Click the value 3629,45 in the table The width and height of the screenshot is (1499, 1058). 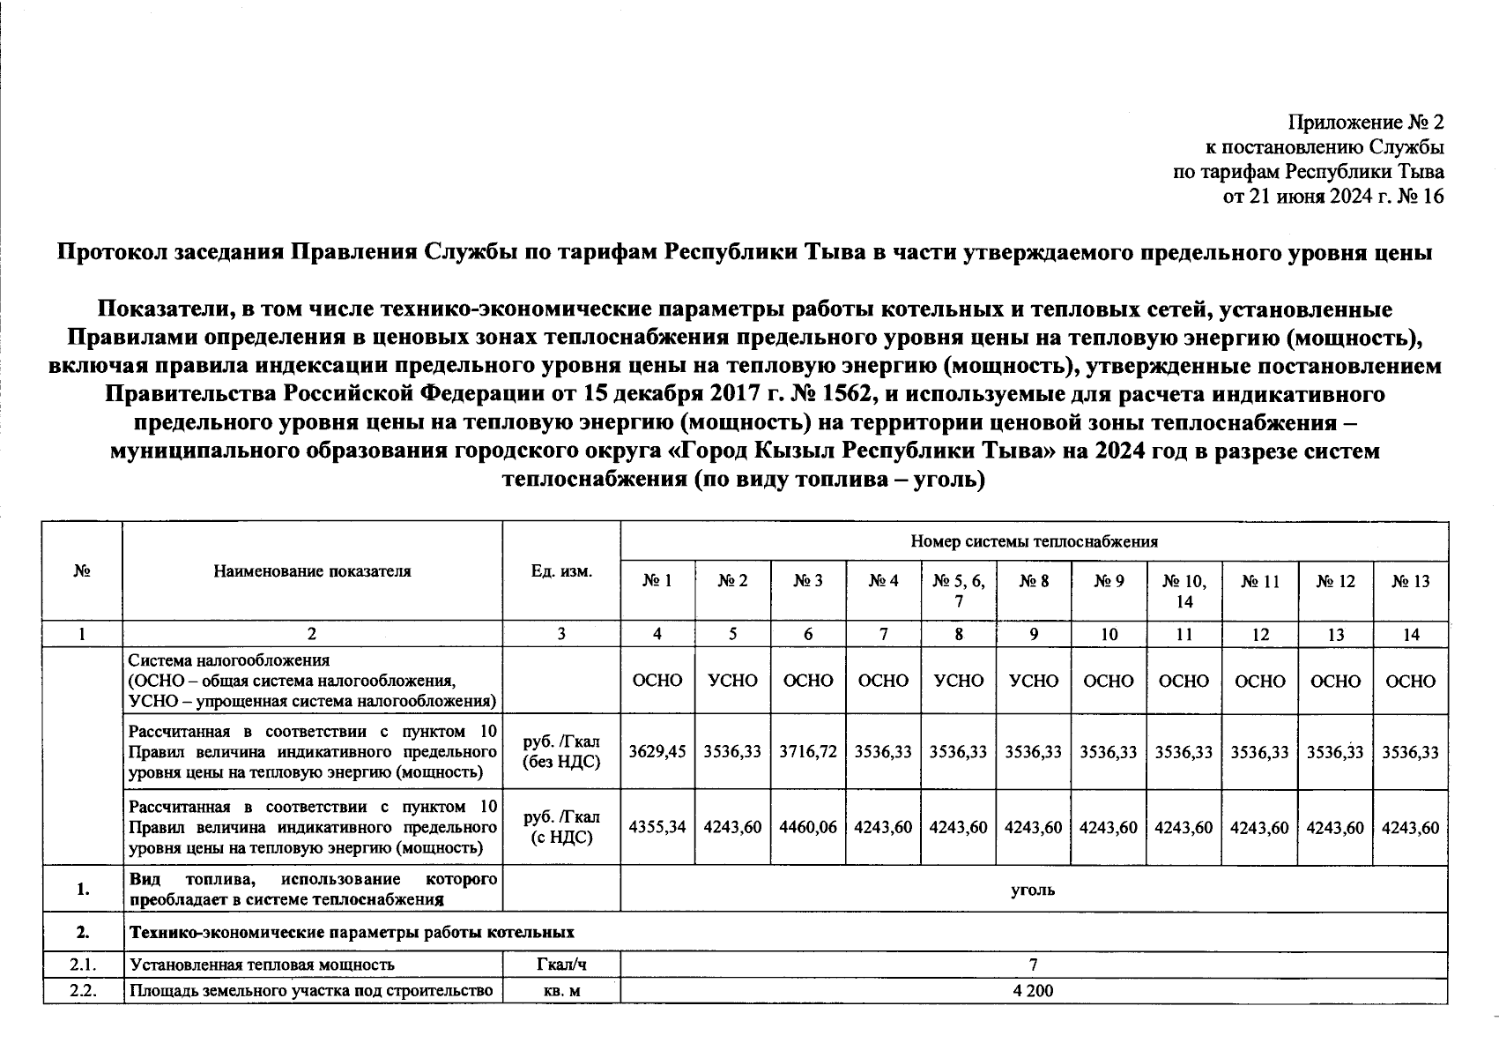pos(657,752)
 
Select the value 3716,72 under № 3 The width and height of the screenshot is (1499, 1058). pos(808,752)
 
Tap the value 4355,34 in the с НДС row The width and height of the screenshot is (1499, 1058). pos(657,828)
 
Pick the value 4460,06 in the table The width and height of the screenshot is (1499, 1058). pos(808,828)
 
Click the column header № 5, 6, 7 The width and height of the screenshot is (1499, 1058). pos(959,590)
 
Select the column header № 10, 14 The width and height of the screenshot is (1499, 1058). pos(1184,590)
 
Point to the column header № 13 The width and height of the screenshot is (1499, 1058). pos(1411,580)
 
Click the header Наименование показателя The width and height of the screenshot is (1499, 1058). pos(312,570)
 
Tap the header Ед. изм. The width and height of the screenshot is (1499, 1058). pos(561,570)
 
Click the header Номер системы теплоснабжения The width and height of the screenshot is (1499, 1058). pos(1034,541)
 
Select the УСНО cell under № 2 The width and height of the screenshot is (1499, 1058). pos(732,681)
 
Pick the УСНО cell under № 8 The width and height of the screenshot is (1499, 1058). pos(1034,681)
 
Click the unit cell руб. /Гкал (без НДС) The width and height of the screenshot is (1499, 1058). pos(561,752)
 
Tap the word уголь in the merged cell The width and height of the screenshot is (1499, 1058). pos(1033,890)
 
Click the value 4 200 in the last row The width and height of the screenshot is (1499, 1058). pos(1033,991)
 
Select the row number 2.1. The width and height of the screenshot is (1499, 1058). pos(83,965)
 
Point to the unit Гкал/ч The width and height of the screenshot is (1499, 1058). pos(561,965)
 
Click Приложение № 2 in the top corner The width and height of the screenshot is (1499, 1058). pos(1366,122)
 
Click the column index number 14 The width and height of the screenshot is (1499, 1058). pos(1411,634)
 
